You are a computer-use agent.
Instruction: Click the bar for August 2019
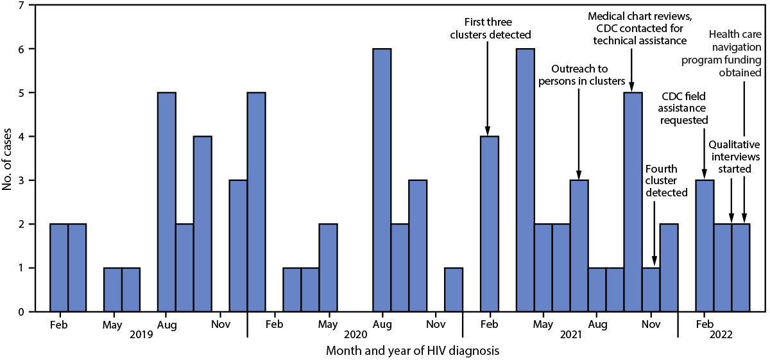[x=167, y=201]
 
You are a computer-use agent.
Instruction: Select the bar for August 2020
[x=382, y=180]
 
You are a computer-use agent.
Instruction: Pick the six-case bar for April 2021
[x=526, y=180]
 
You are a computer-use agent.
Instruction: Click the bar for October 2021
[x=633, y=201]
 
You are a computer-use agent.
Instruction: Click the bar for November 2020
[x=454, y=289]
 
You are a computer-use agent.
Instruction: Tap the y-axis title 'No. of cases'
[x=8, y=158]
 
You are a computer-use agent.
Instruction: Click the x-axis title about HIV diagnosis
[x=413, y=351]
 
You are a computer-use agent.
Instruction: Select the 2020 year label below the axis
[x=355, y=334]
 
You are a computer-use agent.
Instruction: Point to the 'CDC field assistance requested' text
[x=684, y=108]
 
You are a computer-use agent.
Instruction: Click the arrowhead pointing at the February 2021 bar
[x=488, y=131]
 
